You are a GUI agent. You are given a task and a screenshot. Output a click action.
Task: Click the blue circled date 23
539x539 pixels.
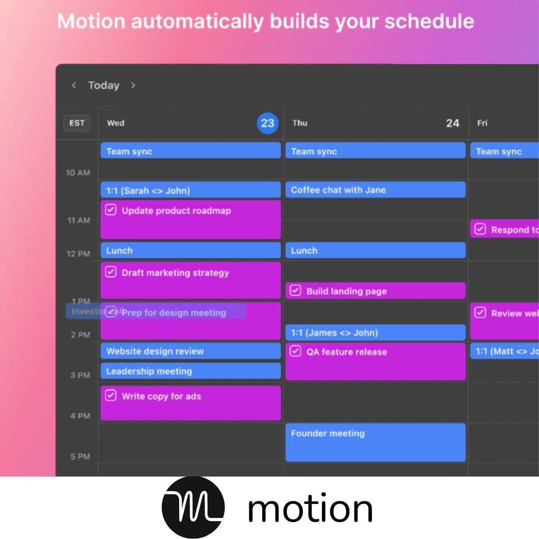(x=267, y=123)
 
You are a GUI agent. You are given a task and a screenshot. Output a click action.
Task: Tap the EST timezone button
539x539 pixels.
(x=77, y=123)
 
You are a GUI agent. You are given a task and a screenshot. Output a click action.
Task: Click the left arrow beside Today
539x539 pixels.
(x=74, y=85)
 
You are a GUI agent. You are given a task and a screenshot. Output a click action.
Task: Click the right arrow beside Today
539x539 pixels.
(x=133, y=85)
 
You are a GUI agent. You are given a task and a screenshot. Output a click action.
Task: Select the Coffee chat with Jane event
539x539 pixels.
(x=375, y=190)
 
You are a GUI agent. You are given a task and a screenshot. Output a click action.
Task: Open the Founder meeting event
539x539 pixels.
(x=375, y=442)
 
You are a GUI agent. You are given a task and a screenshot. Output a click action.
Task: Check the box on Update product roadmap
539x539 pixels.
(x=110, y=210)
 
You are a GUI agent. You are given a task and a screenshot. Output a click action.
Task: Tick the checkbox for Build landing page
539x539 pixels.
(x=295, y=291)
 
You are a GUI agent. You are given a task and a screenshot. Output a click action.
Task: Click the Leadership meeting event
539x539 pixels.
(x=190, y=371)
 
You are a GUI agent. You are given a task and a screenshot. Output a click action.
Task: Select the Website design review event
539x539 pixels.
(x=190, y=351)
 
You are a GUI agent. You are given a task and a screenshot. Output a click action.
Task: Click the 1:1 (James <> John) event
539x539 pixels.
(x=375, y=333)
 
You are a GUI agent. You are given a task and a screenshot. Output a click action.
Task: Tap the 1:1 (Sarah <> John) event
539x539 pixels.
(x=190, y=190)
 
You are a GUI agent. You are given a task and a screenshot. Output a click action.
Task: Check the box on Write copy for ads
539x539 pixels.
(x=110, y=396)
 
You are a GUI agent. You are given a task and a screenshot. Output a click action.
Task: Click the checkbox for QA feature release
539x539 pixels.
(x=295, y=351)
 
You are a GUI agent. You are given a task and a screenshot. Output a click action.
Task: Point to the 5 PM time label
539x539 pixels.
(x=80, y=456)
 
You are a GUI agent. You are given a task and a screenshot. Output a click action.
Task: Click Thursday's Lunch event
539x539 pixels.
(x=375, y=251)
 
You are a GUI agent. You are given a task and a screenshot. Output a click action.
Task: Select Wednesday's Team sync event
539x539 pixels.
(x=190, y=151)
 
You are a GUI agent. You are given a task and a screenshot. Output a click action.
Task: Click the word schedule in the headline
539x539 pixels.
(x=429, y=22)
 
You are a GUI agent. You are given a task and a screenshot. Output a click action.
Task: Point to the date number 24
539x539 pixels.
(x=452, y=123)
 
